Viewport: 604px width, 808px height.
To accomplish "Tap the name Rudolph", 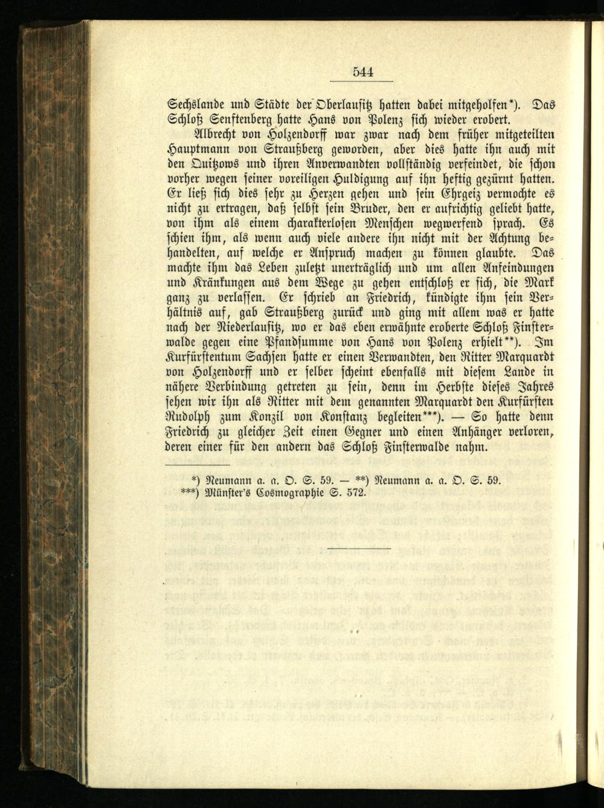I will [187, 417].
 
